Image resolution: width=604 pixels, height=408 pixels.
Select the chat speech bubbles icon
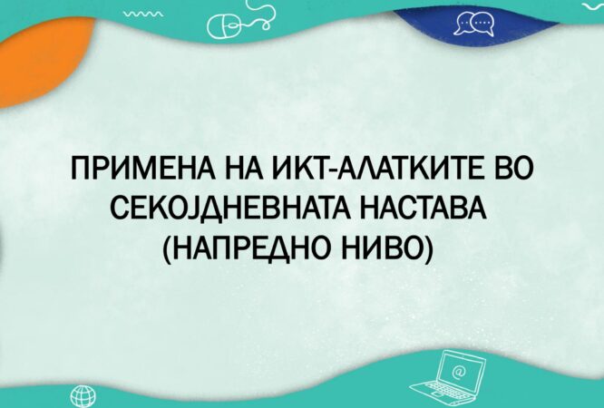474,23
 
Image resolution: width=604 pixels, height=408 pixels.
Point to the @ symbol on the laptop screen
459,372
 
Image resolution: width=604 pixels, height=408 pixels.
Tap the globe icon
83,396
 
